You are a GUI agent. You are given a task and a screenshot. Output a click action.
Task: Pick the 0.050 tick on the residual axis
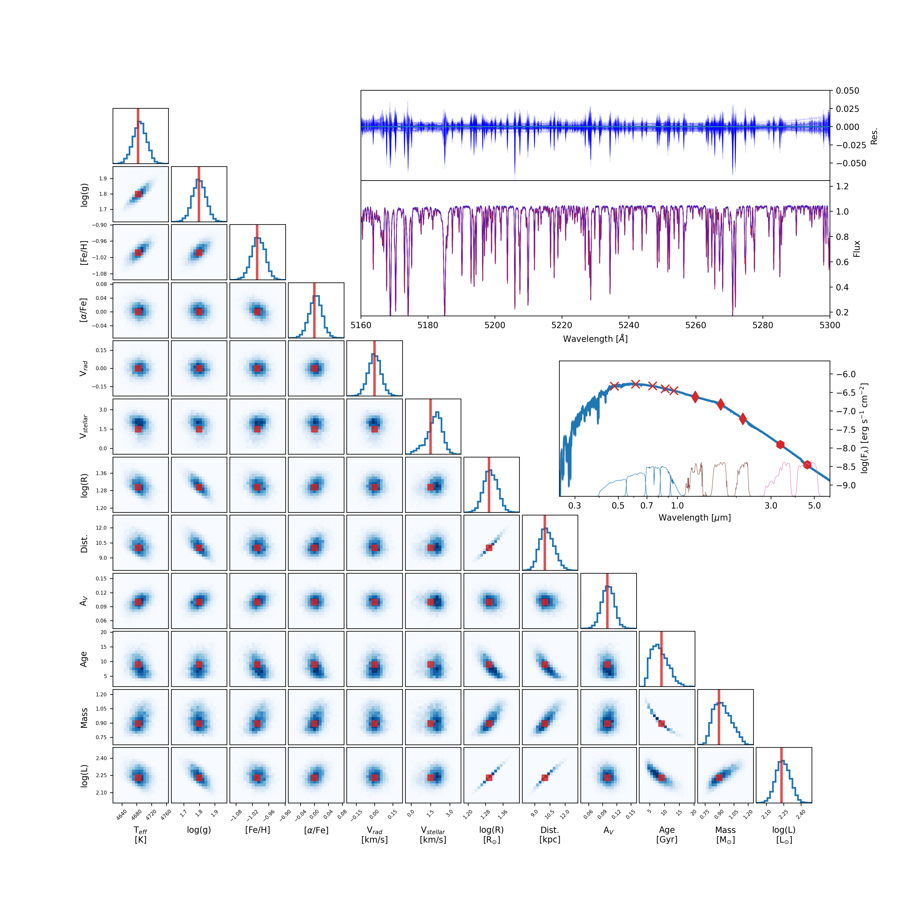[x=847, y=91]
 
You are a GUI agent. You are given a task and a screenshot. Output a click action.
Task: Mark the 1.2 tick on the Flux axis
[x=842, y=186]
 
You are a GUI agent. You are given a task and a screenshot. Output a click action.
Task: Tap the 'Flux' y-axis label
[x=856, y=249]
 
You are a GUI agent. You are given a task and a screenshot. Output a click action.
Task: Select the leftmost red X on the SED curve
[x=614, y=386]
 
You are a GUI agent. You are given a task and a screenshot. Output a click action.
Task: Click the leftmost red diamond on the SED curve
[x=695, y=397]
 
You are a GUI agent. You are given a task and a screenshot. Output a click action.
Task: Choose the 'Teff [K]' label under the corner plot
[x=140, y=835]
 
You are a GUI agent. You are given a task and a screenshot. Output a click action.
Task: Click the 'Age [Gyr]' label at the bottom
[x=667, y=835]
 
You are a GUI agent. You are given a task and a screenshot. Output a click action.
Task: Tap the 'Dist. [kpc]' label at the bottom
[x=550, y=835]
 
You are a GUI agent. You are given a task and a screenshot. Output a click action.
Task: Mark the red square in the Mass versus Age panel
[x=661, y=724]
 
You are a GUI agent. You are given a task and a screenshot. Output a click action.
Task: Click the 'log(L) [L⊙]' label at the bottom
[x=784, y=835]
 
